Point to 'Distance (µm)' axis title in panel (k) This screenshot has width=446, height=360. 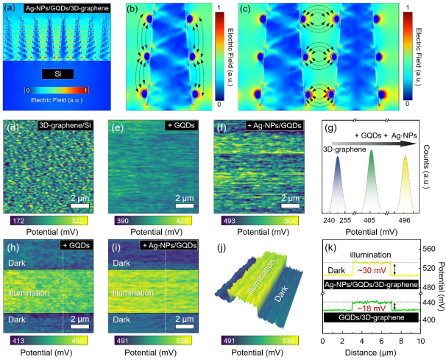(372, 352)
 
